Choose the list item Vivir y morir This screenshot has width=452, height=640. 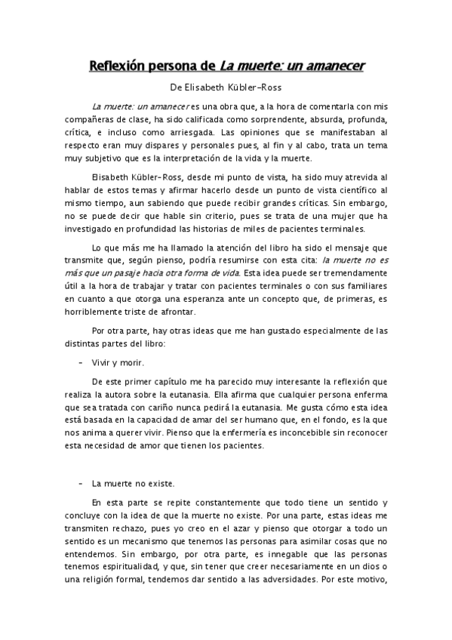coord(118,363)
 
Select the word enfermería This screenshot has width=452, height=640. coord(235,432)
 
